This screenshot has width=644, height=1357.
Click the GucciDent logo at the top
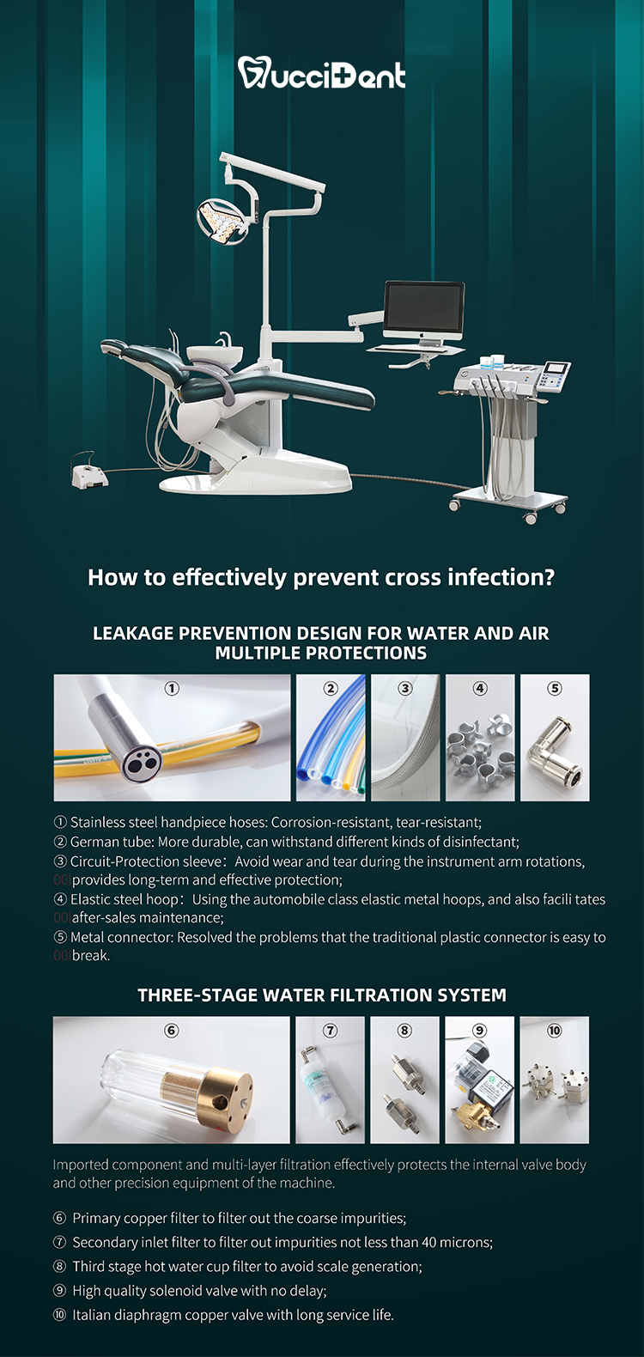pos(321,73)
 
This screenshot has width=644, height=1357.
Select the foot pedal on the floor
pos(88,472)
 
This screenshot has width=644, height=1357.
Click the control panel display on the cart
pos(555,369)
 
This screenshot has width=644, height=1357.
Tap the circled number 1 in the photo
pos(172,688)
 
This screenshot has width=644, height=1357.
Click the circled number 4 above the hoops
pos(480,688)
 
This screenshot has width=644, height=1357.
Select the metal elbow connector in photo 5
pos(555,751)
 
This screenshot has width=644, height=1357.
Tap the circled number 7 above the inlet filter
pos(331,1031)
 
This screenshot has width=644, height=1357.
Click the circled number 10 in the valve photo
pos(555,1031)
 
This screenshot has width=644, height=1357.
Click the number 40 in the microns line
pos(429,1243)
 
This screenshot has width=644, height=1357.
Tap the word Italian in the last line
pos(92,1315)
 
